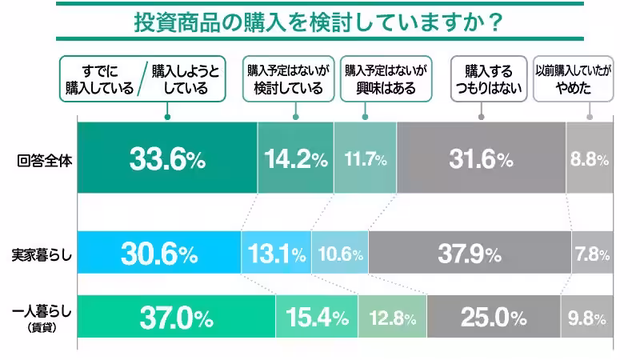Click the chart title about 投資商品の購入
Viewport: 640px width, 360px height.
coord(318,22)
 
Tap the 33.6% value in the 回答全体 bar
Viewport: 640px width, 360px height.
coord(167,159)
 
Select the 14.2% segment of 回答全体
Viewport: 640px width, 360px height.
coord(295,159)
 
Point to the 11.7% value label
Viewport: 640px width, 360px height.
coord(365,159)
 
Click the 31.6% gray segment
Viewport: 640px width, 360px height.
coord(481,159)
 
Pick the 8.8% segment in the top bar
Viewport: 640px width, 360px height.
coord(590,159)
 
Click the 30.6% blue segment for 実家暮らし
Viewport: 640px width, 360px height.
coord(159,255)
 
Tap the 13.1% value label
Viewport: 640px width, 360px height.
coord(276,255)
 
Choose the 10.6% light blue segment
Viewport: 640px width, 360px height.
coord(340,255)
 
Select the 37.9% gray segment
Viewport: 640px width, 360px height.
coord(470,255)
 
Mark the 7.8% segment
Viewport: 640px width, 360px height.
coord(591,255)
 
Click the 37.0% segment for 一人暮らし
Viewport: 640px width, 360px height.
coord(177,318)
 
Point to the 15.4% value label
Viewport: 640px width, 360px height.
coord(317,318)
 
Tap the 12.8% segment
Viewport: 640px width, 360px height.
coord(392,318)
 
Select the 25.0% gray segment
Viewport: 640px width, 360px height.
coord(494,318)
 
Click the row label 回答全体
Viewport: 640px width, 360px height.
coord(45,159)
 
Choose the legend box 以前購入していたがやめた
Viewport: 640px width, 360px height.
coord(573,79)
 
